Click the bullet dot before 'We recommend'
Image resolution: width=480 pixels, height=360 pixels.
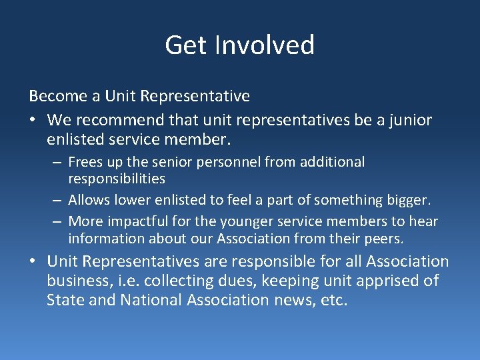click(x=33, y=121)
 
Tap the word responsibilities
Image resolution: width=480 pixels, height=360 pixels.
click(x=117, y=179)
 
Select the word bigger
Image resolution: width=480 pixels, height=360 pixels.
click(x=407, y=200)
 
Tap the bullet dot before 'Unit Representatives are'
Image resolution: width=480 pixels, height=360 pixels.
click(x=33, y=262)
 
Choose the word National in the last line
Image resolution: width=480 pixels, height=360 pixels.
click(x=153, y=300)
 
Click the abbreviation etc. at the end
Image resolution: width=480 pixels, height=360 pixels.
click(x=333, y=300)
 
